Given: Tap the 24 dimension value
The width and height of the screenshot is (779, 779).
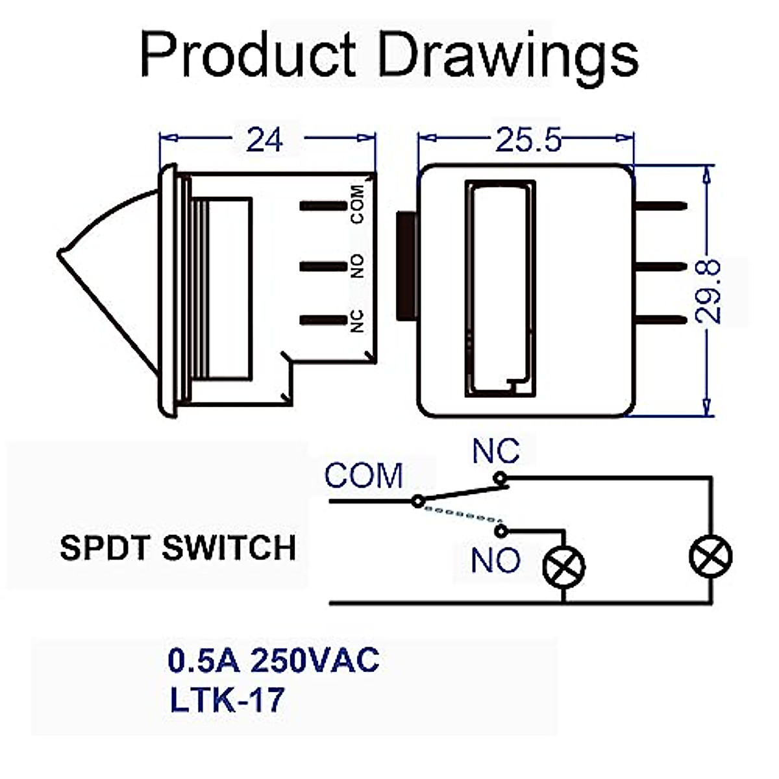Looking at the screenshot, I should (264, 140).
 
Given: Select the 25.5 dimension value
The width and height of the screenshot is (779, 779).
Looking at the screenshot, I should (527, 140).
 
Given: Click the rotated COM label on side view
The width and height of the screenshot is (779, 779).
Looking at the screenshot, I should (357, 205).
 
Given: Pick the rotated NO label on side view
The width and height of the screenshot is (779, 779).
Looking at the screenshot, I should (357, 266).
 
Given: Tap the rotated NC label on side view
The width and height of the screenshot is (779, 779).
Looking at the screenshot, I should (357, 321).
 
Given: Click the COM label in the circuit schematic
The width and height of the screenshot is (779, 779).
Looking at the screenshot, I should (364, 476).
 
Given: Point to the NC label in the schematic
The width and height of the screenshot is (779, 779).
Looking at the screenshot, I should (496, 451).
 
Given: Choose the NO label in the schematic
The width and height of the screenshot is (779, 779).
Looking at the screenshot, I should (496, 560).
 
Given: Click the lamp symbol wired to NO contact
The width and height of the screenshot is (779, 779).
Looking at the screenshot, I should (563, 566).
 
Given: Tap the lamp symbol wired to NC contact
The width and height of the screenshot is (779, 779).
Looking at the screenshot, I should (711, 557).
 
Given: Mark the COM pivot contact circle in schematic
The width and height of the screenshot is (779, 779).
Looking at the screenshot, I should (419, 501).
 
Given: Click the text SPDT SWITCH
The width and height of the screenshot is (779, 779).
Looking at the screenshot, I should (178, 548).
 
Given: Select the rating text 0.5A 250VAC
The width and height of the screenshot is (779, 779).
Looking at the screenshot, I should (273, 661).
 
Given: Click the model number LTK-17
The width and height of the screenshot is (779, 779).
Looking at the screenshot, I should (227, 700).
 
